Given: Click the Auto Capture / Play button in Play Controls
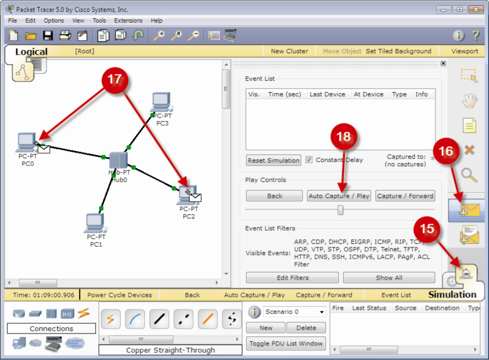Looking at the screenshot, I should (x=339, y=196).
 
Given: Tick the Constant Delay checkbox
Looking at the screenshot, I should (x=309, y=160).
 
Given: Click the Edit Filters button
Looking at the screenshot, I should (x=293, y=278).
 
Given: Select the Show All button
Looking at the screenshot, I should (x=389, y=278).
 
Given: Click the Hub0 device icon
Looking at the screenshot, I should (x=118, y=161).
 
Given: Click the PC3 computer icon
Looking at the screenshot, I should (x=161, y=102).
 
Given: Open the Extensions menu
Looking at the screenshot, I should (x=128, y=21).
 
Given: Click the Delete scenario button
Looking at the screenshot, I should (x=306, y=328).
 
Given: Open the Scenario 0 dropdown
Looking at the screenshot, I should (x=294, y=312).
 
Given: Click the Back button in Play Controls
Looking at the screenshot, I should (x=274, y=196).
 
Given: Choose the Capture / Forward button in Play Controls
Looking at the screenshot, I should (x=405, y=196).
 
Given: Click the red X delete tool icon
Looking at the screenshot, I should (x=469, y=150).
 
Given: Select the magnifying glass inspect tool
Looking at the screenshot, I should (x=469, y=175).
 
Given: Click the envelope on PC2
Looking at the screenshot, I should (x=195, y=197).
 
